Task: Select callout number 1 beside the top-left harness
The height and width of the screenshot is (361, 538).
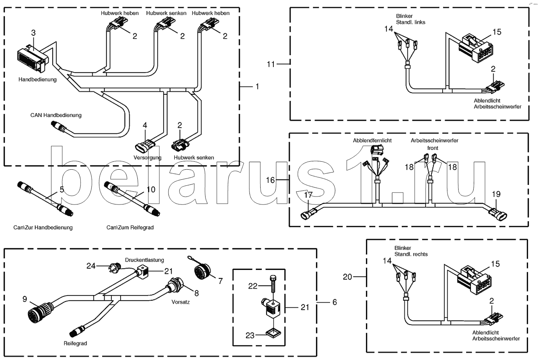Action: point(257,86)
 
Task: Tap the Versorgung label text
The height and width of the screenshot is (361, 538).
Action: point(147,157)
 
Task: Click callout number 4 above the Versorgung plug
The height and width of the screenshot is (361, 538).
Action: point(145,125)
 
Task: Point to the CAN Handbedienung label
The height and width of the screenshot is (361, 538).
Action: point(56,115)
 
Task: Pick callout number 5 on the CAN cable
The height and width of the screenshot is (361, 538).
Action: point(61,190)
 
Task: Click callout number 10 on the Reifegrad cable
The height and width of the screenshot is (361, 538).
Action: point(150,190)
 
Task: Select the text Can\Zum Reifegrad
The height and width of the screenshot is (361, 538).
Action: point(130,227)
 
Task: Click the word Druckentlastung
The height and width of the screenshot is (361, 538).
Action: point(144,260)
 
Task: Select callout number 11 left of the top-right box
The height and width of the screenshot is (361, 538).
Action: point(271,64)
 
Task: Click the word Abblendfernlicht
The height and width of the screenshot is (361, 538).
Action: point(372,141)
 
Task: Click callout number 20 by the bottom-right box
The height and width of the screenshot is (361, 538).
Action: point(347,276)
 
